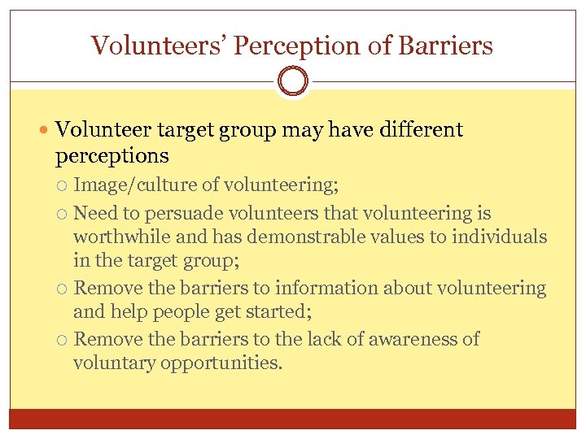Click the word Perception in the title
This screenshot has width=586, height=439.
point(298,46)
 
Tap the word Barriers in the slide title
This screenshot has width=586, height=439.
point(446,46)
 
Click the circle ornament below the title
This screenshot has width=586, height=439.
point(293,81)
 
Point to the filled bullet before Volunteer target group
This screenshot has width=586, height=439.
point(46,131)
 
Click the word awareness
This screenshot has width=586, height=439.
point(414,339)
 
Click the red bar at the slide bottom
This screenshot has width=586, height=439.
point(293,419)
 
